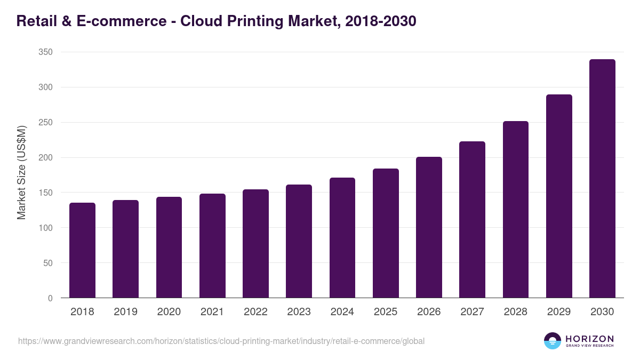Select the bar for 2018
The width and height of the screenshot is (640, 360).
coord(82,250)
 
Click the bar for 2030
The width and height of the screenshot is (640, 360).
coord(602,179)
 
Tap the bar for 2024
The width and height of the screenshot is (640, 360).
coord(342,238)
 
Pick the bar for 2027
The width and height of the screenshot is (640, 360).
coord(472,220)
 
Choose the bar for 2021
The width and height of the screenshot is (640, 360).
coord(212,246)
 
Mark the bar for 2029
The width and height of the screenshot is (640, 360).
coord(559,196)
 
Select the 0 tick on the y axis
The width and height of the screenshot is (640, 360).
coord(50,298)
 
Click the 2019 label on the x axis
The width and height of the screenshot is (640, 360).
coord(125,312)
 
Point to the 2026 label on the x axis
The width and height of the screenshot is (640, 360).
coord(429,312)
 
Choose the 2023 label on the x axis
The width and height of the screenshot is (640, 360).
coord(299,312)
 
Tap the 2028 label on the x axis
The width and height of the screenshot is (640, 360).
coord(515,312)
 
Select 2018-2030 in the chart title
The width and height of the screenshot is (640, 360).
coord(380,21)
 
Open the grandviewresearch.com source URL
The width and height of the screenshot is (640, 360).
coord(221,341)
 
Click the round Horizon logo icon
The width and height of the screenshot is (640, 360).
coord(553,341)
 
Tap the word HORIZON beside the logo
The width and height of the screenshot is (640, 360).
coord(589,339)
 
